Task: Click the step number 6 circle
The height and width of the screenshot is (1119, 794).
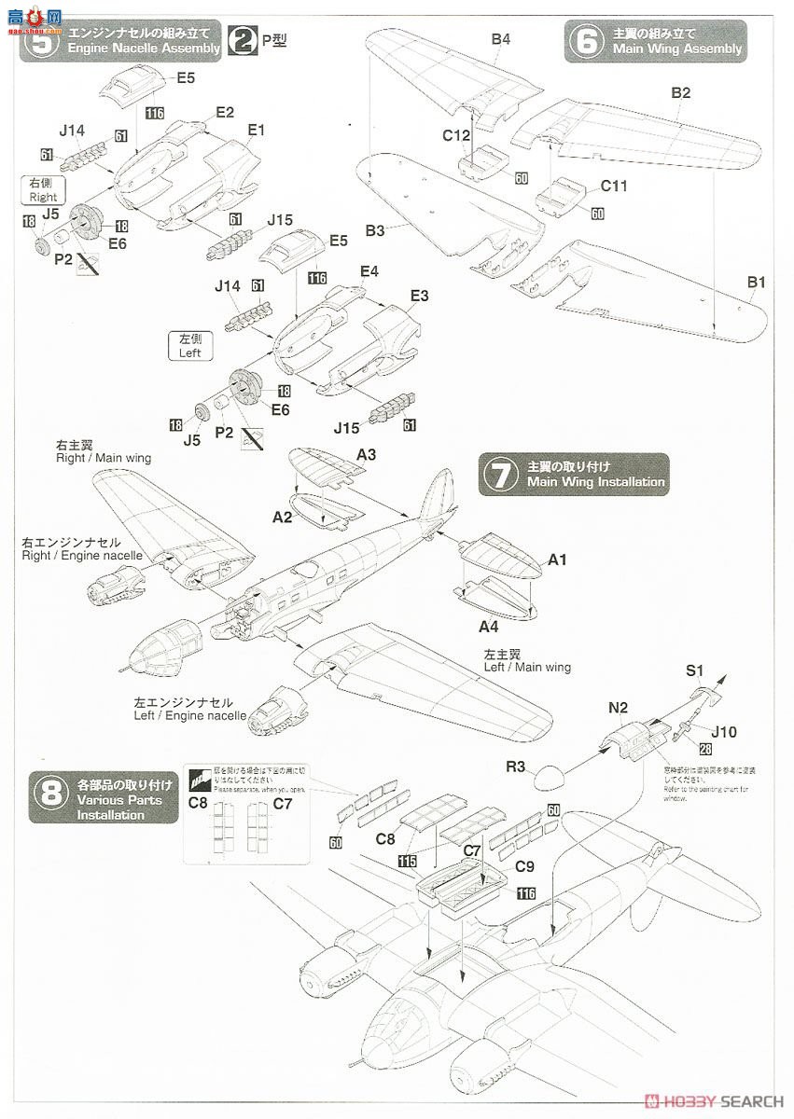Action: click(587, 41)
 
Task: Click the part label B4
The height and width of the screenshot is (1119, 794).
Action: click(501, 39)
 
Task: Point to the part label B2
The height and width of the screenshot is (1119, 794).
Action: click(680, 92)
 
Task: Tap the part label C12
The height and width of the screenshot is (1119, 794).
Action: click(456, 135)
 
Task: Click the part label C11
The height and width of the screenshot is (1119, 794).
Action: click(613, 186)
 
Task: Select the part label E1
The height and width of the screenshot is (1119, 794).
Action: click(257, 131)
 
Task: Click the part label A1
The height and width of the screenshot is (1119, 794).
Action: click(557, 559)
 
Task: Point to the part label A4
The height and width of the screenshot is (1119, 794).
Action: click(489, 626)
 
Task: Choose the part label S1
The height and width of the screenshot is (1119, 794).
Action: click(695, 670)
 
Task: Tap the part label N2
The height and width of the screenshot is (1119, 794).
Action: click(619, 708)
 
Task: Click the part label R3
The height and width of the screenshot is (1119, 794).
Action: click(516, 767)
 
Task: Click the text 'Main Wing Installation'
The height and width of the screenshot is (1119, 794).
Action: click(595, 482)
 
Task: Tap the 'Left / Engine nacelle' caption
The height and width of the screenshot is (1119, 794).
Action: click(190, 716)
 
